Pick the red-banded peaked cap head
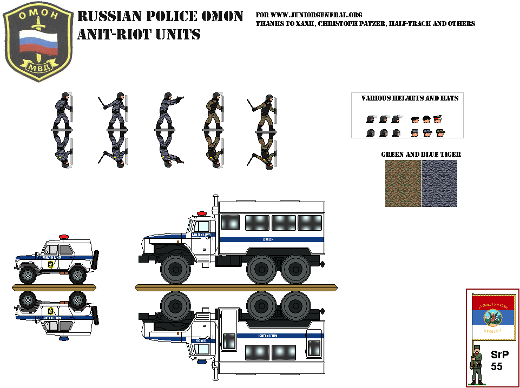(x=438, y=119)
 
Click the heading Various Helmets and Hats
(x=410, y=98)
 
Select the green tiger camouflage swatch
(x=403, y=183)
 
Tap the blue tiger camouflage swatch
(x=439, y=183)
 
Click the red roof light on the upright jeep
(x=64, y=237)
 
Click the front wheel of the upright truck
(x=176, y=270)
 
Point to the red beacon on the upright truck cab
(x=201, y=213)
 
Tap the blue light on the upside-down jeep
(x=64, y=338)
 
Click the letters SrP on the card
(x=500, y=355)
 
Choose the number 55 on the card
(x=497, y=367)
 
